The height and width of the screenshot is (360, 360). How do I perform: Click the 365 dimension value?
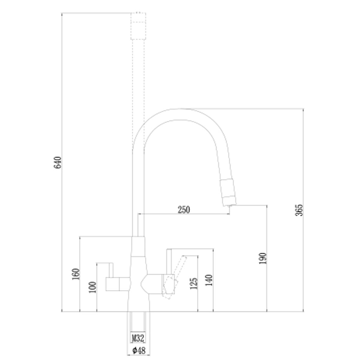click(299, 210)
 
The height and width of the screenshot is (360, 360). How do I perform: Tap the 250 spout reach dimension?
click(184, 210)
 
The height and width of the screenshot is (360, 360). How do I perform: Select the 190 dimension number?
click(262, 258)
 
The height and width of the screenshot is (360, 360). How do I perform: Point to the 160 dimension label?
click(76, 274)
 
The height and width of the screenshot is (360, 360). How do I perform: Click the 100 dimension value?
click(93, 287)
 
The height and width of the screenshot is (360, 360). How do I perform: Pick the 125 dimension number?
click(193, 283)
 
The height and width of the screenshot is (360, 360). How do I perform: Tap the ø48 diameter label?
click(139, 350)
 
